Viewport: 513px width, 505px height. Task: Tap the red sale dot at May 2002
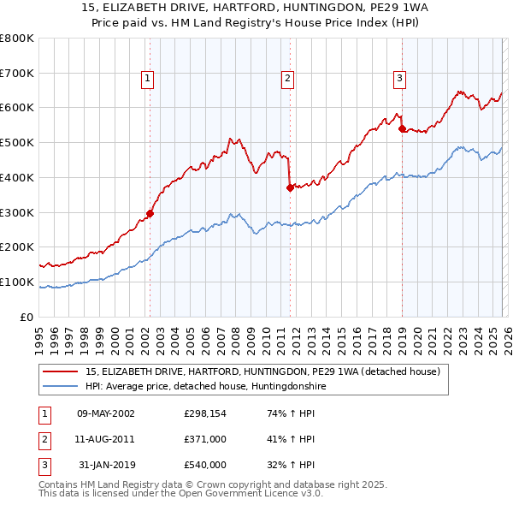click(x=150, y=213)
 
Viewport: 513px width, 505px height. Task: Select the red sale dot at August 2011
click(x=290, y=187)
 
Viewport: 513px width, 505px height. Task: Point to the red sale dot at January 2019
click(x=402, y=128)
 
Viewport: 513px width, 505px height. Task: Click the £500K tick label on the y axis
click(x=17, y=143)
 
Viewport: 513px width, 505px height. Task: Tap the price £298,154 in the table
click(x=205, y=413)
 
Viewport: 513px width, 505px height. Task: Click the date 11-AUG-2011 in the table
click(x=106, y=439)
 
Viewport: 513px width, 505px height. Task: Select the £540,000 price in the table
click(x=205, y=465)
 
